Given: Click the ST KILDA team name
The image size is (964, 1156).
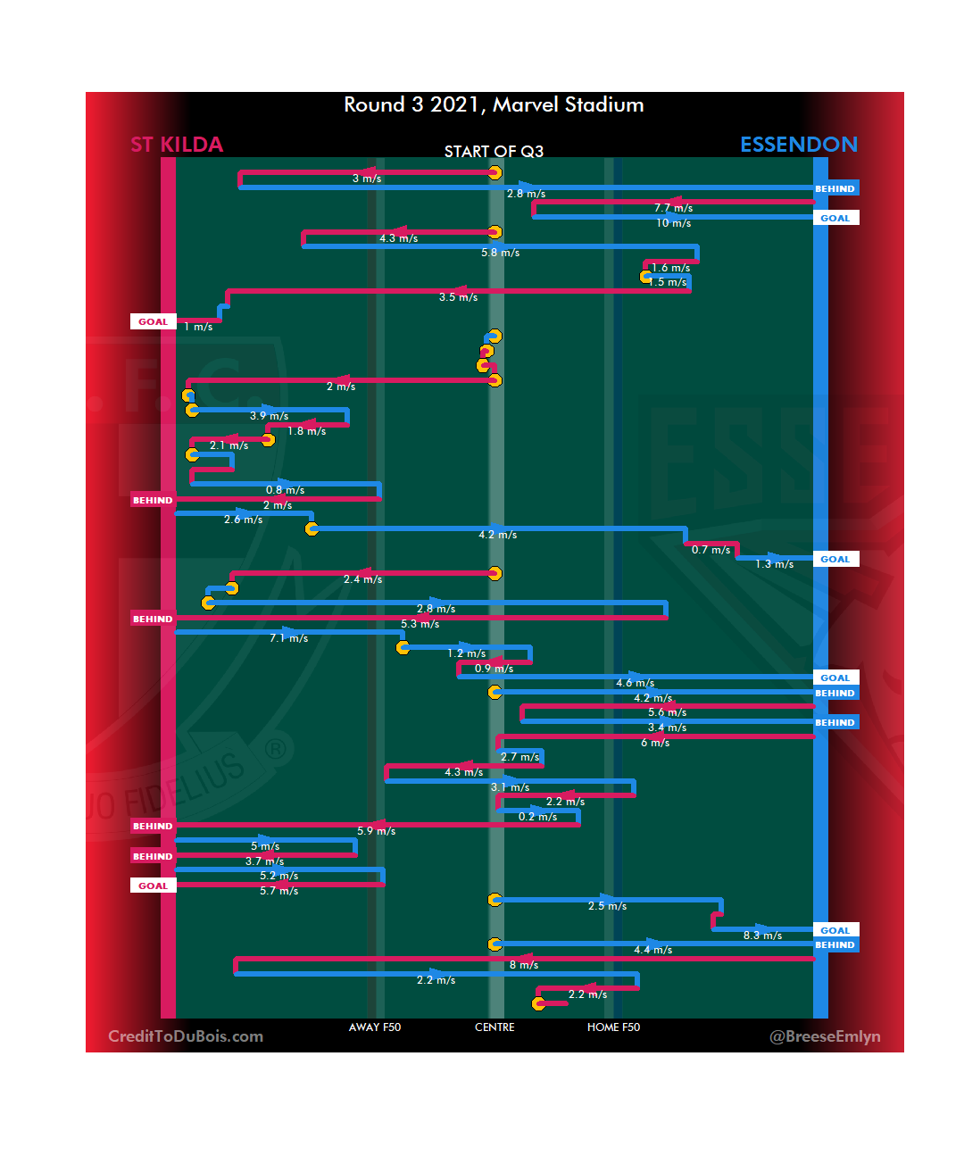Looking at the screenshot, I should (177, 145).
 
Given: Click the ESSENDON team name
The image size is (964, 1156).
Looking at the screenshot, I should (798, 145).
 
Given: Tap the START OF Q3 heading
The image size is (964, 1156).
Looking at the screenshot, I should (494, 152).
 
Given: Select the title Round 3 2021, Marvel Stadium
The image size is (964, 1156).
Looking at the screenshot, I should (494, 105).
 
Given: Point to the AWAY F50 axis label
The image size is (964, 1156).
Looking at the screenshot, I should (375, 1027).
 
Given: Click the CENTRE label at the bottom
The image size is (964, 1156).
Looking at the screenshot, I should (494, 1027).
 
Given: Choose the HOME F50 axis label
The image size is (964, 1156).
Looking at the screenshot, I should (613, 1027).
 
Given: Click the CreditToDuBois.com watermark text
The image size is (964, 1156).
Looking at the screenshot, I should (186, 1036).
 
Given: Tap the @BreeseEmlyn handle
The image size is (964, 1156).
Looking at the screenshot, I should (825, 1036).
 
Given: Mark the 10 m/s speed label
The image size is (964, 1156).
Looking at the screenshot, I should (673, 223).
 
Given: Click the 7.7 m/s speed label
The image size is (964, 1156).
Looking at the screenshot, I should (673, 208).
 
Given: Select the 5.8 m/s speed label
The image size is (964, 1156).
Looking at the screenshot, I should (500, 253).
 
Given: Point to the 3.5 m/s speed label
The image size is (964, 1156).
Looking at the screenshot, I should (458, 297).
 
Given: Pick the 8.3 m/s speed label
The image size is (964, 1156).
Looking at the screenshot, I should (762, 936).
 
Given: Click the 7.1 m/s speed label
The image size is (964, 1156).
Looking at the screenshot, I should (288, 638).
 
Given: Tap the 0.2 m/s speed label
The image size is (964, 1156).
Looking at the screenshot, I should (537, 817).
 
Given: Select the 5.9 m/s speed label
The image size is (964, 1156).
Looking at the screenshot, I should (376, 831).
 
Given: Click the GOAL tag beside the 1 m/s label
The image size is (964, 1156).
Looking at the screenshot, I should (153, 321).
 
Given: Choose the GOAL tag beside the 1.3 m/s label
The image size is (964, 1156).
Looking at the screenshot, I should (835, 560).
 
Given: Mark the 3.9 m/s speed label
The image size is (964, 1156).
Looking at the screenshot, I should (269, 416).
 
